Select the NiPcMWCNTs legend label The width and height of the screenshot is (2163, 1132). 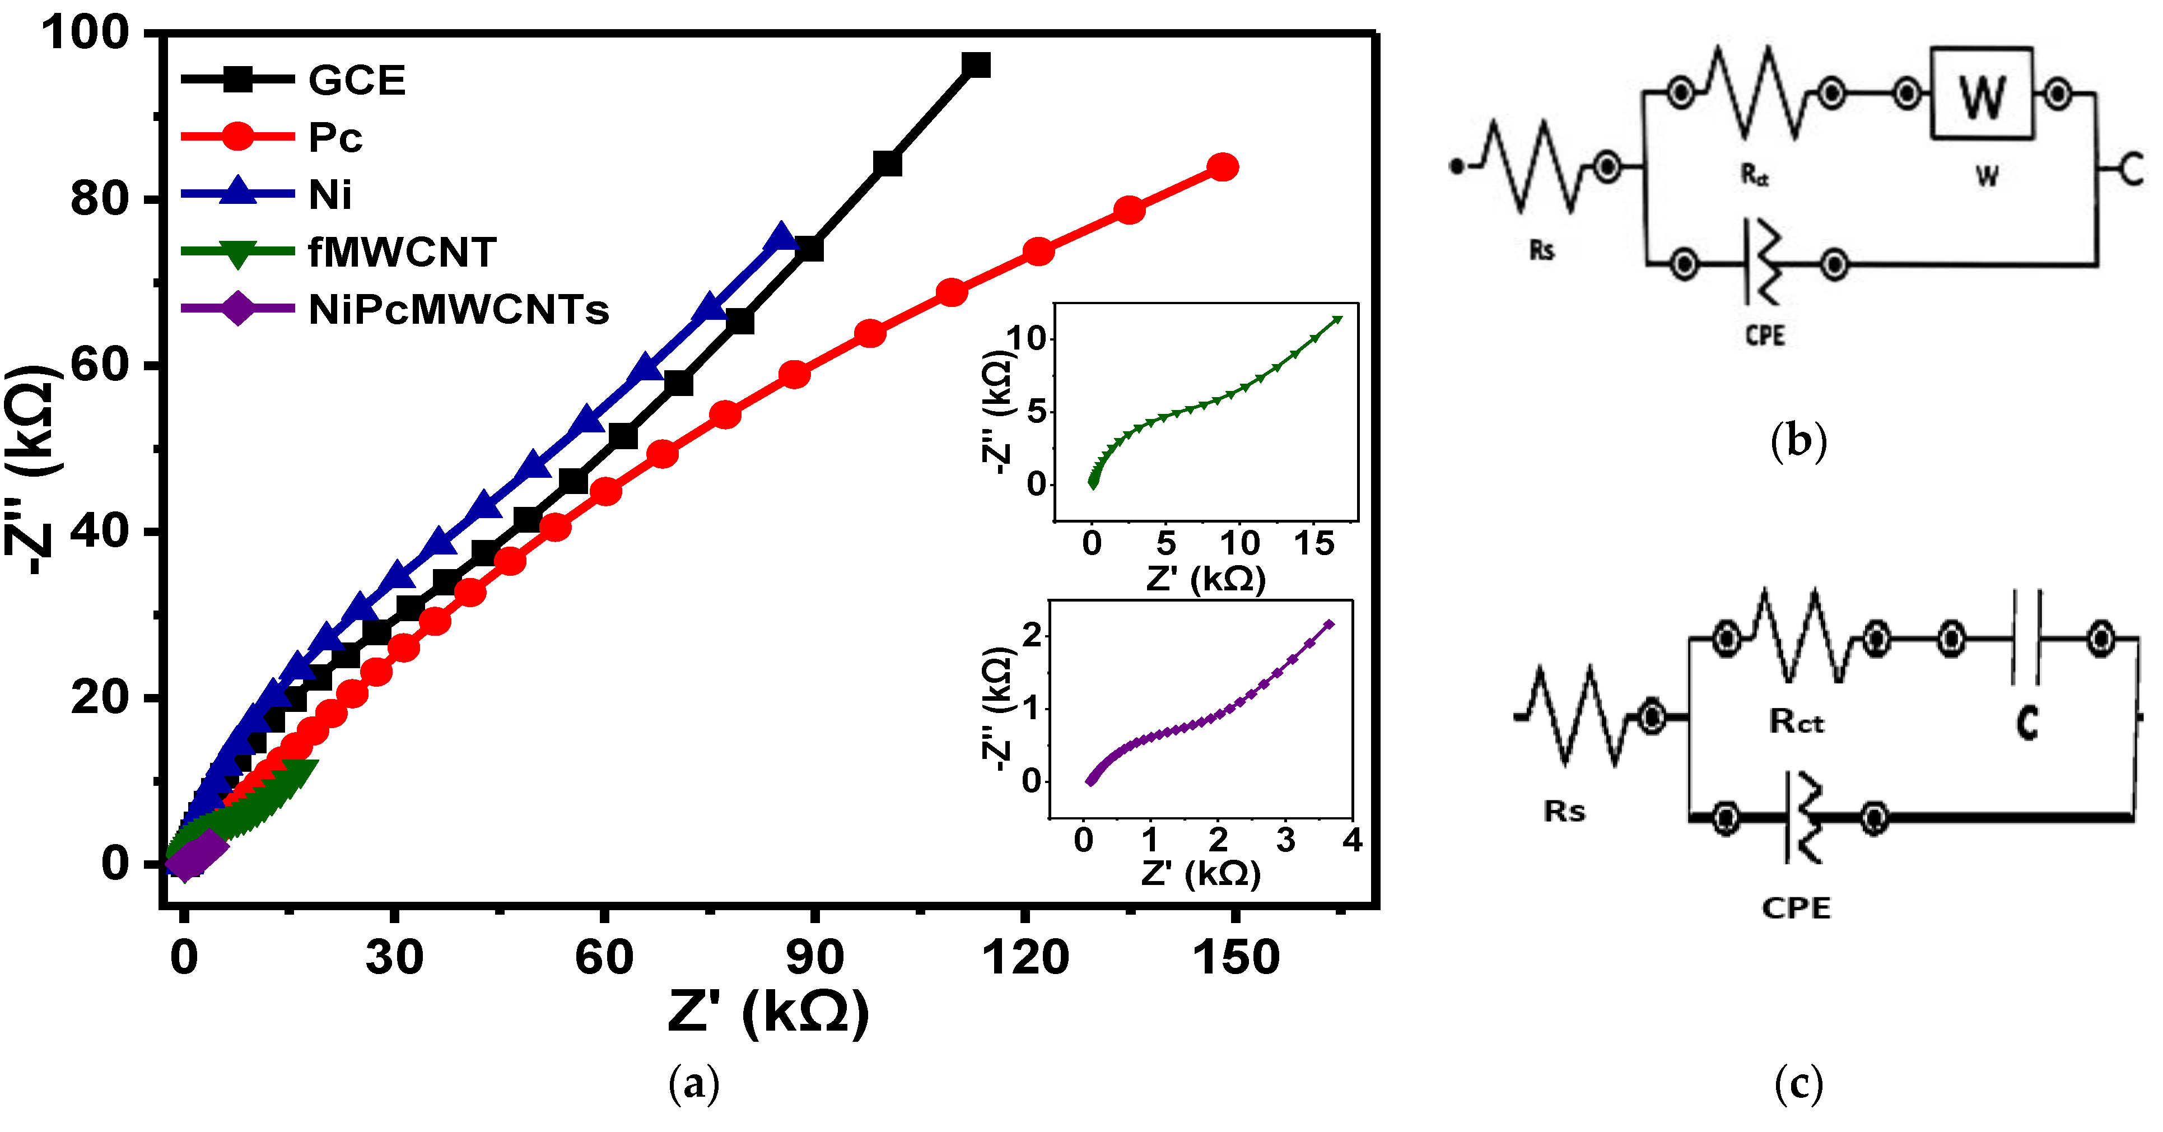tap(458, 310)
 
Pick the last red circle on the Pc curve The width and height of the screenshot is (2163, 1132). tap(1223, 167)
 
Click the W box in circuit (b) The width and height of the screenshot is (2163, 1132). tap(1982, 93)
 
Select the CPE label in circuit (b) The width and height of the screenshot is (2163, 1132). tap(1764, 336)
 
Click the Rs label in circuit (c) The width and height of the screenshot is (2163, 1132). tap(1564, 811)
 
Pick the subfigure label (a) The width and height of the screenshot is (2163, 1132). tap(693, 1083)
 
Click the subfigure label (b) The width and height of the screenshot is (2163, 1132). tap(1798, 441)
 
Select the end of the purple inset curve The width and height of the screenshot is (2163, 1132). tap(1328, 624)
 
